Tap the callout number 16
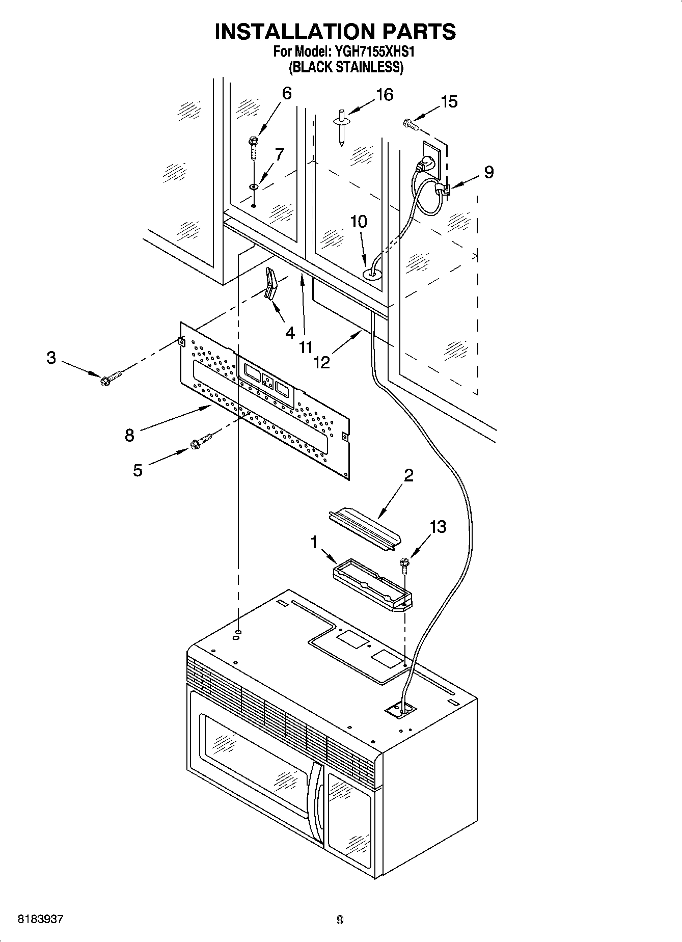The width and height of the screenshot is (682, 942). pos(385,95)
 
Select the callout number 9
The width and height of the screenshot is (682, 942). pos(488,172)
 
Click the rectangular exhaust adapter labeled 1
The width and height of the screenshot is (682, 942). pos(372,584)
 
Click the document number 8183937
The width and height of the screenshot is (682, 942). pos(41,920)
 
